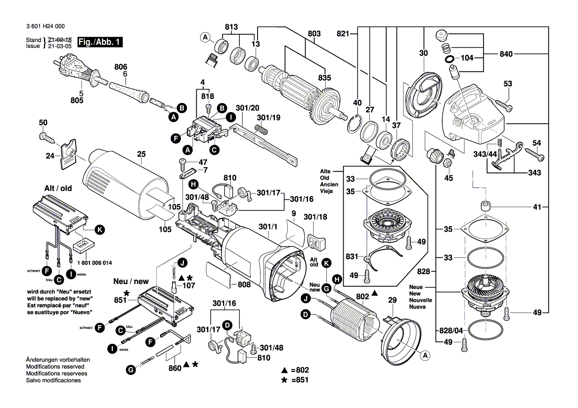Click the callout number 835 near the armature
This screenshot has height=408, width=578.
point(324,77)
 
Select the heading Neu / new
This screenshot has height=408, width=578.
point(131,281)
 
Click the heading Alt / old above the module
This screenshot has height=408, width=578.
point(59,189)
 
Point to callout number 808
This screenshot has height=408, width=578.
point(244,285)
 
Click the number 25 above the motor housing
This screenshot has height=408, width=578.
point(141,154)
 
